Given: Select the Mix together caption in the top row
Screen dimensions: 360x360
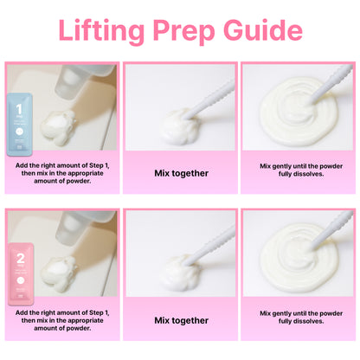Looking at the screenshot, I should (181, 173).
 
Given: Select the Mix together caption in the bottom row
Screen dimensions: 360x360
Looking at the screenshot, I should (181, 320).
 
